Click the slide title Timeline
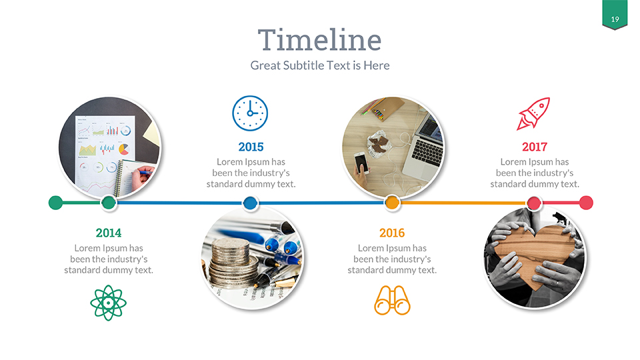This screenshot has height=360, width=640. (x=319, y=40)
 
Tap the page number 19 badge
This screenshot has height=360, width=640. (x=615, y=19)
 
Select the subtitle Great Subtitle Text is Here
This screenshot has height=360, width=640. (x=319, y=65)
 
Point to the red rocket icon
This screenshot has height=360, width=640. (x=533, y=113)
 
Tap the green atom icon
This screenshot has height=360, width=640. (x=108, y=303)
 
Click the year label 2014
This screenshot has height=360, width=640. (x=109, y=233)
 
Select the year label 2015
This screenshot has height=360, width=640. (x=251, y=147)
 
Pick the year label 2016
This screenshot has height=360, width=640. (x=392, y=233)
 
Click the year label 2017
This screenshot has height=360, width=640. (x=534, y=147)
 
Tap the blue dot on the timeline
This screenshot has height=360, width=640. (x=250, y=203)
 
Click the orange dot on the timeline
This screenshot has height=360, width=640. (x=392, y=203)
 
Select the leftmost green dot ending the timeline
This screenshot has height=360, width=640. (x=56, y=203)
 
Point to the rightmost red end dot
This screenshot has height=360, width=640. (x=586, y=203)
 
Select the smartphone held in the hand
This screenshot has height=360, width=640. (x=359, y=163)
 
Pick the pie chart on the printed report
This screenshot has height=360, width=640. (x=123, y=149)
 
